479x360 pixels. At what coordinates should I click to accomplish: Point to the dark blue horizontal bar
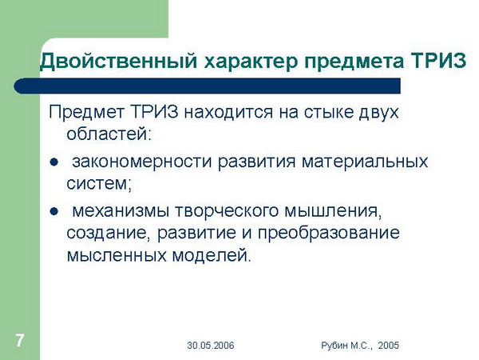(207, 86)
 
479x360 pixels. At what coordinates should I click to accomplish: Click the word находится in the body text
(228, 112)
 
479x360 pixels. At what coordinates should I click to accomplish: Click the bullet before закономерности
(53, 162)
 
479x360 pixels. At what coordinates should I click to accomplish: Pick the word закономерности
(142, 162)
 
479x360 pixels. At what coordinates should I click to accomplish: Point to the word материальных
(365, 162)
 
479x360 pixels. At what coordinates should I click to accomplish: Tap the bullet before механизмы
(53, 212)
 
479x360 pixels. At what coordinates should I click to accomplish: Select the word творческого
(227, 211)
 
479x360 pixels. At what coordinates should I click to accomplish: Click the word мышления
(331, 211)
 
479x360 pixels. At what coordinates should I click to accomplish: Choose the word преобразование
(329, 233)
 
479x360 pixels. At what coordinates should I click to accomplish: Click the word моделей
(209, 255)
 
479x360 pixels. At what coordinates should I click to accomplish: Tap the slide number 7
(20, 341)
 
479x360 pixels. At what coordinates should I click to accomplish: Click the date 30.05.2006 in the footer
(211, 346)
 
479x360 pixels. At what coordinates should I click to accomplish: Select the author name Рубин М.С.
(346, 346)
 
